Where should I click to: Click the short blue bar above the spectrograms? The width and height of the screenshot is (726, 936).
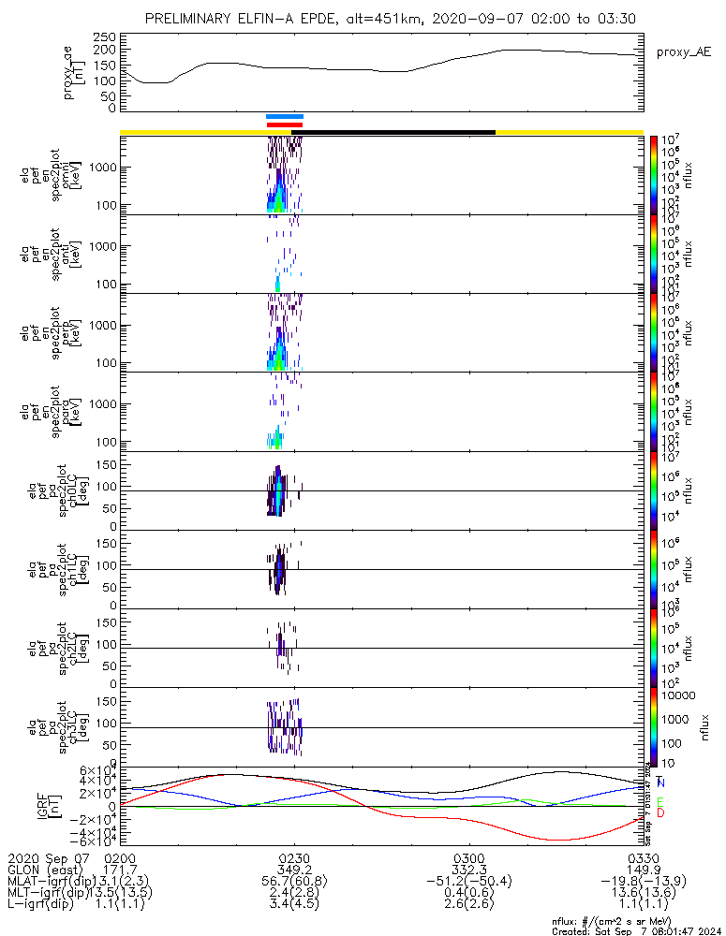285,117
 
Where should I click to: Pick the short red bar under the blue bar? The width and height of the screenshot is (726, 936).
285,124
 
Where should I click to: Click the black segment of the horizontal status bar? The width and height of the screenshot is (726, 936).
393,132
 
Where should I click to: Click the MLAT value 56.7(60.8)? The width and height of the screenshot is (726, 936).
294,882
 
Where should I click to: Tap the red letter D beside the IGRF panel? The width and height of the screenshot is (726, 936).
660,813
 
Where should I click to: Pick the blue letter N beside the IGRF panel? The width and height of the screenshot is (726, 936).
660,782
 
